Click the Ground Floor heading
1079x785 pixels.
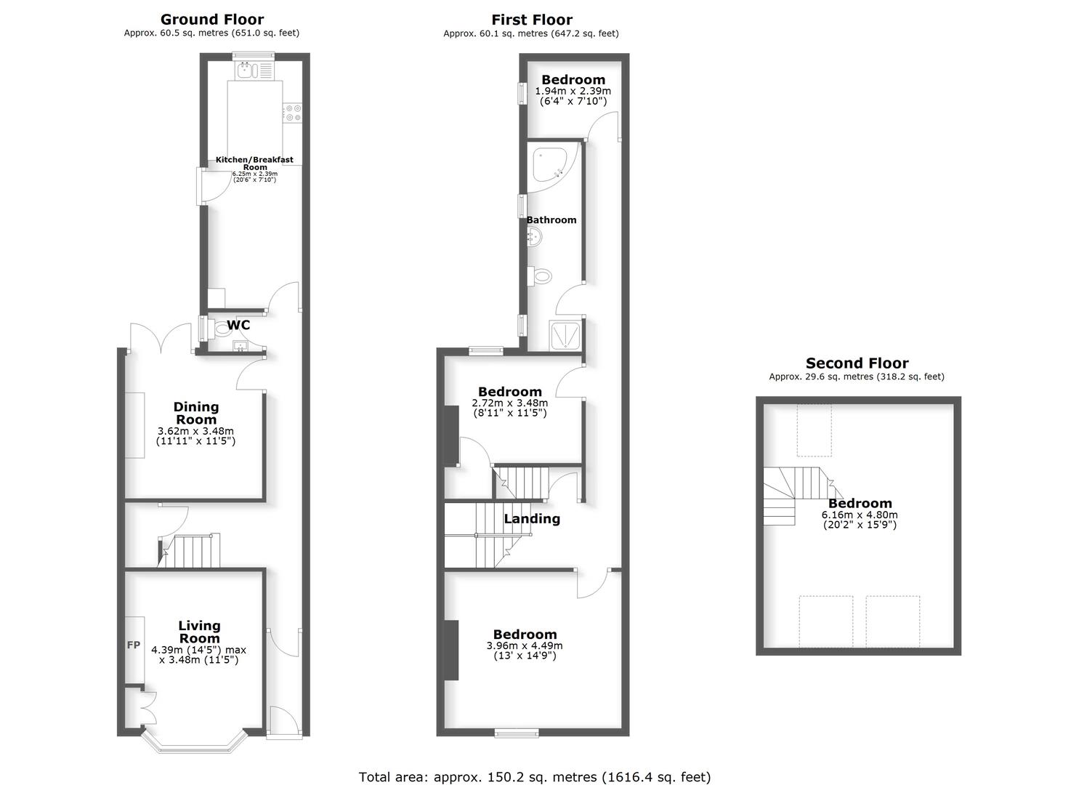(211, 20)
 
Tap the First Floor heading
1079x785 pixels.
(531, 20)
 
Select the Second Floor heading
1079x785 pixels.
(857, 363)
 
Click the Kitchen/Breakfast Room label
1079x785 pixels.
(254, 163)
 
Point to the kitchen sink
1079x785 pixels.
(246, 70)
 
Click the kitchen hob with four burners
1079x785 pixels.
(294, 113)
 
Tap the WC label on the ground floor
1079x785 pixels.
(238, 325)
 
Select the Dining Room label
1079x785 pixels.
(196, 413)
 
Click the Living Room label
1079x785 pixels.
(199, 632)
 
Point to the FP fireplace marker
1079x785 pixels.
(134, 645)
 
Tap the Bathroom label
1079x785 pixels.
(551, 220)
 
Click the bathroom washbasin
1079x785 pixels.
(535, 235)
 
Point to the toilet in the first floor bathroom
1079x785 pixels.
(541, 275)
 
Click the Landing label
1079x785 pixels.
(532, 518)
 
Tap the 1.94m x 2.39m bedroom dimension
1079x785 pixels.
(573, 92)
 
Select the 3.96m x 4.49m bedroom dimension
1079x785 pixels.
(524, 645)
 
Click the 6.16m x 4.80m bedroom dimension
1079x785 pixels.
(860, 515)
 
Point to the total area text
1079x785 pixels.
(534, 777)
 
